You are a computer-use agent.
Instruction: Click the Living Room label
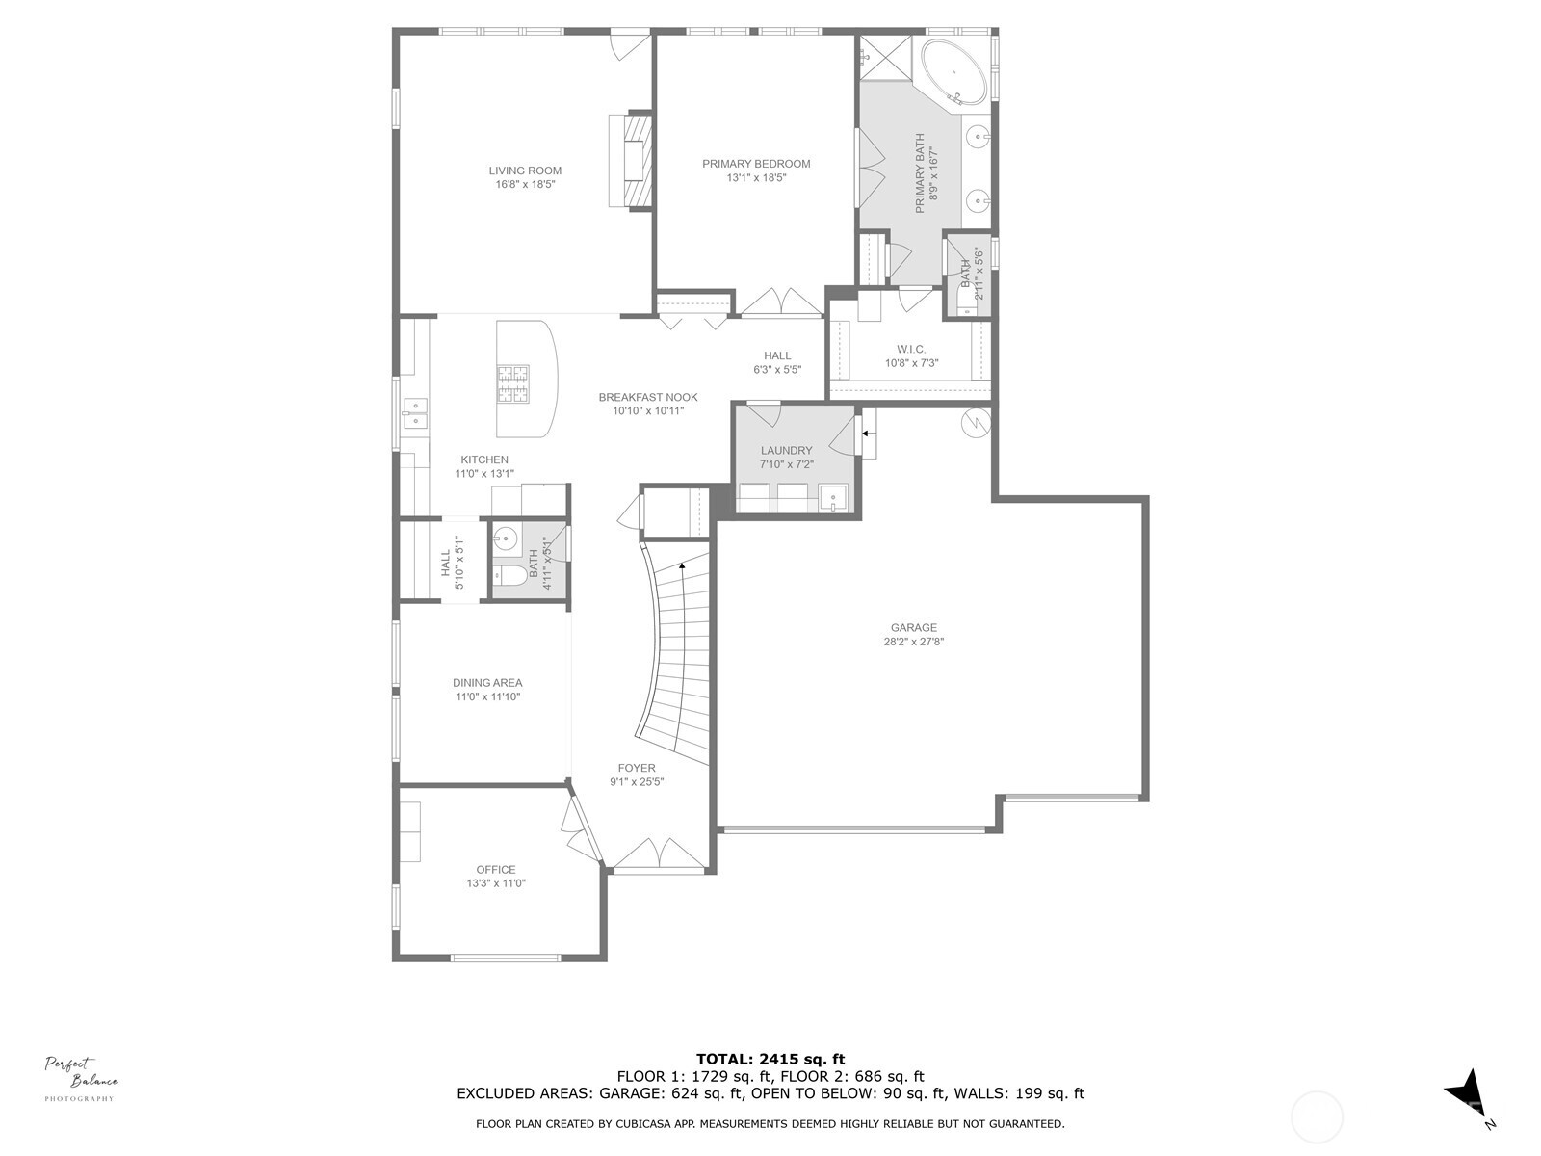pyautogui.click(x=525, y=171)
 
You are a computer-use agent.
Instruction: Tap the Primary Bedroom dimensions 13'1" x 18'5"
pyautogui.click(x=756, y=177)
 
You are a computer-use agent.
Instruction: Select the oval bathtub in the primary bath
pyautogui.click(x=954, y=72)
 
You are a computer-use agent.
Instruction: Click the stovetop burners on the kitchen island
pyautogui.click(x=513, y=382)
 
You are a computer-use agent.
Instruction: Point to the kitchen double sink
pyautogui.click(x=415, y=413)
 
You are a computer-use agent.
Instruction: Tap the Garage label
pyautogui.click(x=913, y=628)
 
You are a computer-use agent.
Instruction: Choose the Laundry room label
pyautogui.click(x=786, y=450)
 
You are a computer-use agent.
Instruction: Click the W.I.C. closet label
pyautogui.click(x=911, y=349)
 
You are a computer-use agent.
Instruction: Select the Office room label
pyautogui.click(x=496, y=869)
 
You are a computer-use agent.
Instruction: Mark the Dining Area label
pyautogui.click(x=487, y=682)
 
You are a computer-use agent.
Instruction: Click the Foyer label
pyautogui.click(x=637, y=768)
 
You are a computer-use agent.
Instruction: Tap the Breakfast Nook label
pyautogui.click(x=648, y=397)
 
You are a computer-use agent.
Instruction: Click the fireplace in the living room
pyautogui.click(x=631, y=161)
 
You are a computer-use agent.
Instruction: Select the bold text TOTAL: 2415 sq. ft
pyautogui.click(x=770, y=1059)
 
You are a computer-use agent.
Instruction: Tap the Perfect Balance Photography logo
pyautogui.click(x=81, y=1078)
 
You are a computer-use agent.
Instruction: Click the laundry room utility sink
pyautogui.click(x=832, y=498)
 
